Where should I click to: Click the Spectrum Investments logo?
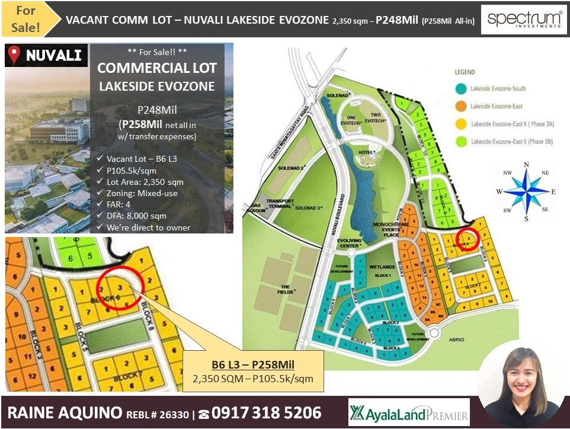[524, 20]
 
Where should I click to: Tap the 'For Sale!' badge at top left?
[25, 19]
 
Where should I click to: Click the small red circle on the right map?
[469, 239]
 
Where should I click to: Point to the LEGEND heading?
[465, 72]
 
